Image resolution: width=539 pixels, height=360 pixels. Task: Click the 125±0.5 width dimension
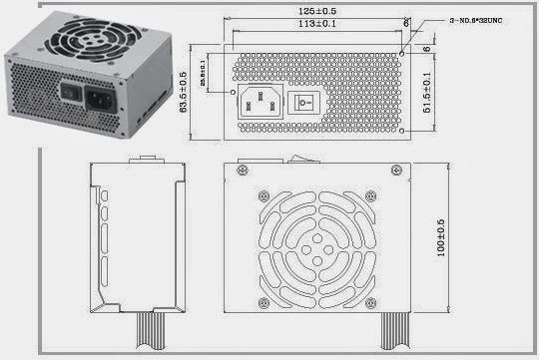coord(318,11)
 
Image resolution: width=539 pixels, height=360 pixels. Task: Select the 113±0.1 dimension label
coord(318,24)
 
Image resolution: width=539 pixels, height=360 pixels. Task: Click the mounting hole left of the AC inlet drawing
coord(234,93)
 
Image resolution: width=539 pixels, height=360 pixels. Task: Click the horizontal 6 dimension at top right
coord(406,20)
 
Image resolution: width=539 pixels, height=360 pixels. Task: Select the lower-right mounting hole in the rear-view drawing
coord(402,131)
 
